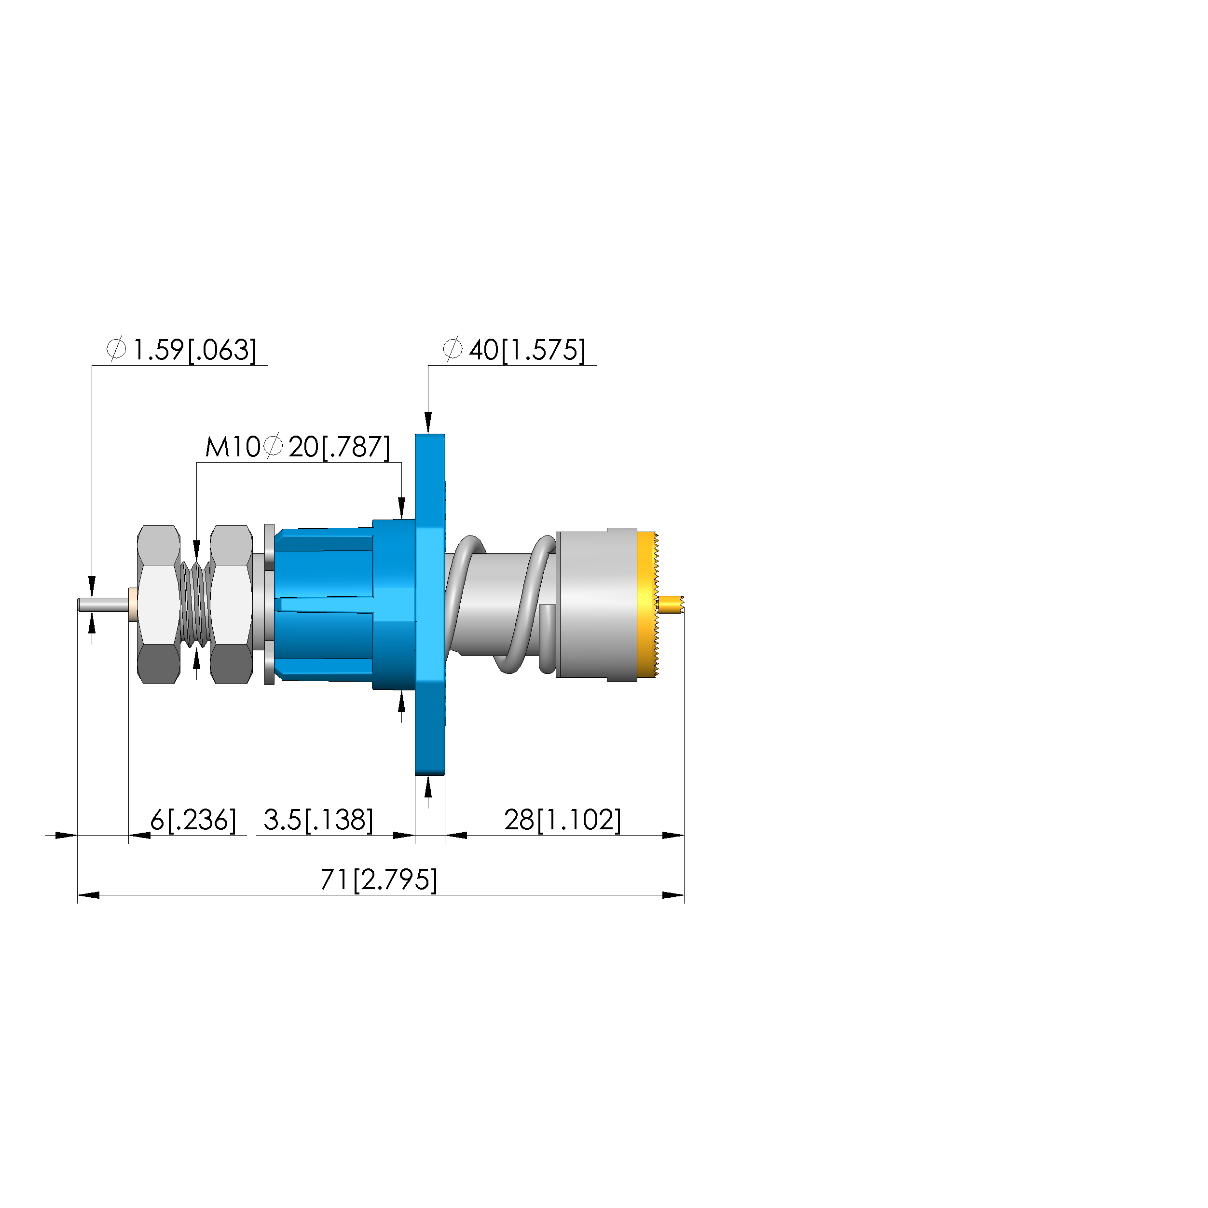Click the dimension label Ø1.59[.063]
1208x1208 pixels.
tap(182, 350)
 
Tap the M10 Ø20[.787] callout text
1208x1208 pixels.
tap(298, 447)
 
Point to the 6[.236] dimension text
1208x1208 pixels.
tap(193, 820)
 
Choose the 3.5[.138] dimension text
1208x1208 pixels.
tap(318, 820)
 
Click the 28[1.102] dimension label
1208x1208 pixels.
tap(563, 820)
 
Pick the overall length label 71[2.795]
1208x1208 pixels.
tap(379, 880)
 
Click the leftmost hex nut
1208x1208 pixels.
tap(159, 604)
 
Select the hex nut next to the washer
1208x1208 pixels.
tap(232, 604)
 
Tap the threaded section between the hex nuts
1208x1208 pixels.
tap(195, 604)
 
